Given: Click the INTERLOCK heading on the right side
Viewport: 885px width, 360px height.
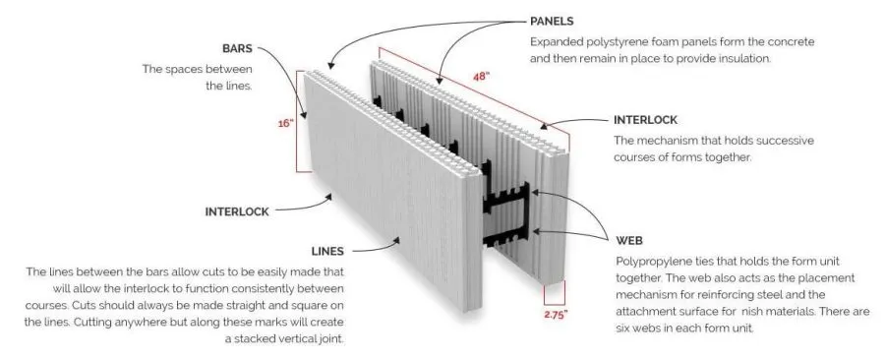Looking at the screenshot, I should [x=645, y=119].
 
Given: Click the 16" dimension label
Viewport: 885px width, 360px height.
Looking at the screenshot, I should [x=286, y=125].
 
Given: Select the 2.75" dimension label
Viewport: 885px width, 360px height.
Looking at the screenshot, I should [x=556, y=314].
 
